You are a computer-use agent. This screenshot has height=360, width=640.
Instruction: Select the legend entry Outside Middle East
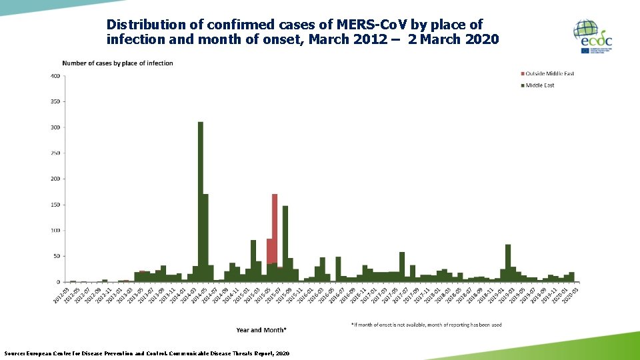(x=549, y=73)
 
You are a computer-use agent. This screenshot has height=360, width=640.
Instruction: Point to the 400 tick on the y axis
(x=55, y=76)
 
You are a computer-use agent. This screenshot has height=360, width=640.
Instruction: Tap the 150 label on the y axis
(x=55, y=205)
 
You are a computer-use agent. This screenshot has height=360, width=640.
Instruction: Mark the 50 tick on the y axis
(x=56, y=256)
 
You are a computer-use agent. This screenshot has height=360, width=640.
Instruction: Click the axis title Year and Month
(x=261, y=330)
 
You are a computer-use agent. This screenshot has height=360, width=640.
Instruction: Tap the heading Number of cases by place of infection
(x=117, y=63)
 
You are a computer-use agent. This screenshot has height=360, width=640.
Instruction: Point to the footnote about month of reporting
(x=426, y=325)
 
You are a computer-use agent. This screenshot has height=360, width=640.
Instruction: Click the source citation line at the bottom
(x=147, y=353)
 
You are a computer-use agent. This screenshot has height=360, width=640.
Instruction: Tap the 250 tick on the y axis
(x=55, y=153)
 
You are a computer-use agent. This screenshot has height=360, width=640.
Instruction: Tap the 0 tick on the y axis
(x=58, y=282)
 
